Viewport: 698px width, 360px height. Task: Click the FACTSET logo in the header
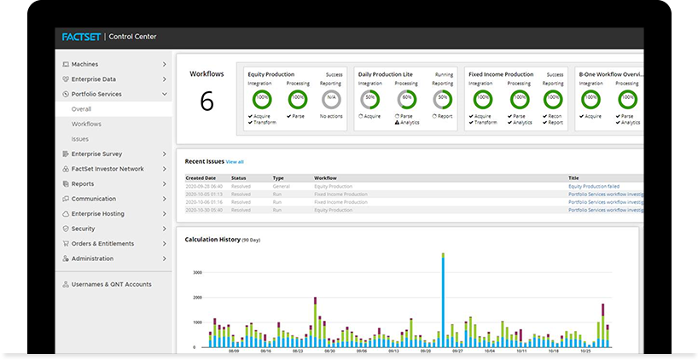coord(80,37)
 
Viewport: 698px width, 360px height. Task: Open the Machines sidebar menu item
coord(84,64)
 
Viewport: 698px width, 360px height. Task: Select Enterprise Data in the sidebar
coord(94,79)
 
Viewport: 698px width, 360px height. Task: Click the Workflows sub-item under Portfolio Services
coord(86,124)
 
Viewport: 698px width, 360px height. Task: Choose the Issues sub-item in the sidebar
coord(80,139)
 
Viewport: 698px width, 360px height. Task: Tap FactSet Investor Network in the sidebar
coord(108,169)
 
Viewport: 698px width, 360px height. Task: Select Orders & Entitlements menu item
coord(103,244)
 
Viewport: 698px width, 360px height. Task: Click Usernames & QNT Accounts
coord(112,284)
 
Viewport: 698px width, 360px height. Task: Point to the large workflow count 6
coord(206,102)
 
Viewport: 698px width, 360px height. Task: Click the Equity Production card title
coord(270,74)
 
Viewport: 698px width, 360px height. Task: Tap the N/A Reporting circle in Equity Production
coord(330,99)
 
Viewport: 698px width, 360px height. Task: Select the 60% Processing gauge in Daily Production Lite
coord(406,99)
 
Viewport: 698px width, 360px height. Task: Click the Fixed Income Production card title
coord(501,74)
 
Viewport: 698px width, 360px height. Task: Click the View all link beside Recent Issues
coord(235,161)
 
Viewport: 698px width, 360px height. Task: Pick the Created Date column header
coord(201,177)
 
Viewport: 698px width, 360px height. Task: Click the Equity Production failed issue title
coord(594,186)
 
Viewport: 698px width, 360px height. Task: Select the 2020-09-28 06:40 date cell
coord(204,186)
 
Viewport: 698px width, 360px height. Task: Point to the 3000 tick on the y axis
coord(196,272)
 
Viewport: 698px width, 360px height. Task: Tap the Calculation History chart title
coord(212,240)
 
